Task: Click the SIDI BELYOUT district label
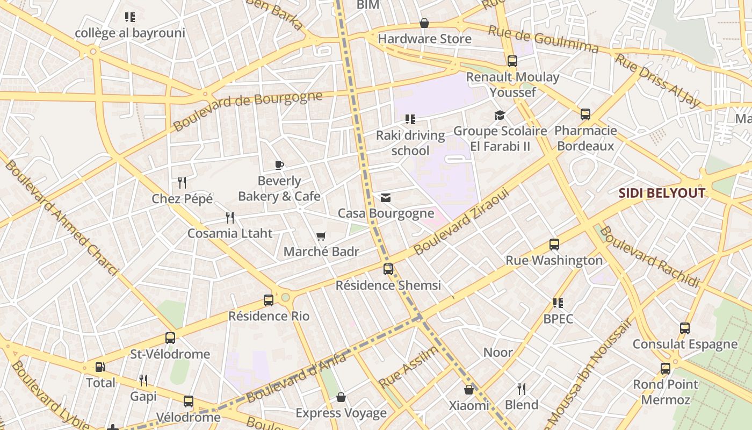(662, 193)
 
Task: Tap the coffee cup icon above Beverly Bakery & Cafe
(279, 165)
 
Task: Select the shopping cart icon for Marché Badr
(321, 236)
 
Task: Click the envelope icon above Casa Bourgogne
(386, 198)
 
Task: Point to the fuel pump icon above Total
(100, 367)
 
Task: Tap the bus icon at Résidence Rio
(269, 300)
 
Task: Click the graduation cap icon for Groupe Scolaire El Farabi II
(500, 116)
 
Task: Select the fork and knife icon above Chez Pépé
(182, 183)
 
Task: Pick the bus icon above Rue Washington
(554, 245)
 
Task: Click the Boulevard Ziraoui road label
(461, 221)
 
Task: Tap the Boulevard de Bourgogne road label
(248, 111)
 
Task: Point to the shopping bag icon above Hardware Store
(424, 23)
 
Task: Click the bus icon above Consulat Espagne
(685, 328)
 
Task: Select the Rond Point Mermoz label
(666, 392)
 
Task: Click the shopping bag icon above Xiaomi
(469, 390)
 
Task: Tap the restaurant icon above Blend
(521, 389)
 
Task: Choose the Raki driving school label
(410, 143)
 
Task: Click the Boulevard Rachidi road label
(649, 257)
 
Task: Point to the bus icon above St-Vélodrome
(170, 338)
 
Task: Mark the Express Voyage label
(341, 413)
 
